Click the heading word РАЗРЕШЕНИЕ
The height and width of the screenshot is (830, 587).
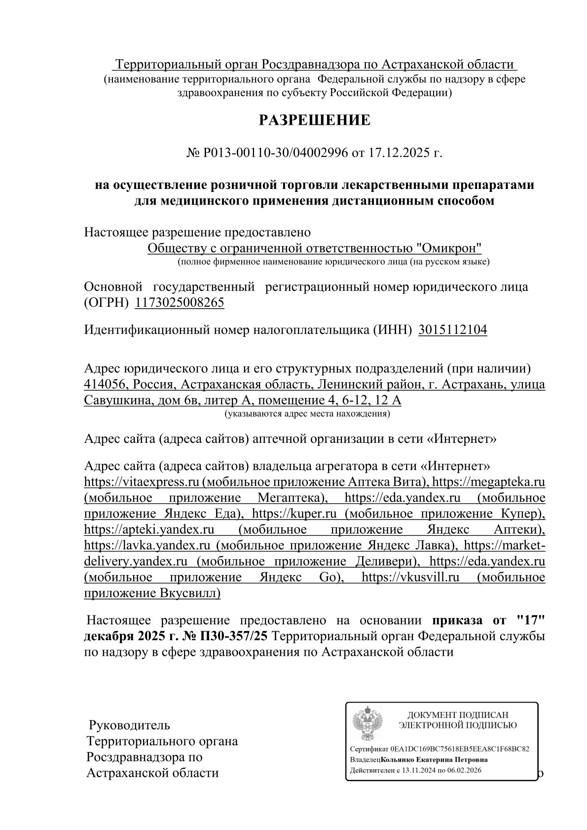(315, 120)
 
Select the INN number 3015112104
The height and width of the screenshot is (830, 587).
(452, 330)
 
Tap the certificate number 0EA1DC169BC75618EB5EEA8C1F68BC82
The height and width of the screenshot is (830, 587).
(459, 749)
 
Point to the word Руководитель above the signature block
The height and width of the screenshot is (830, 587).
(129, 725)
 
